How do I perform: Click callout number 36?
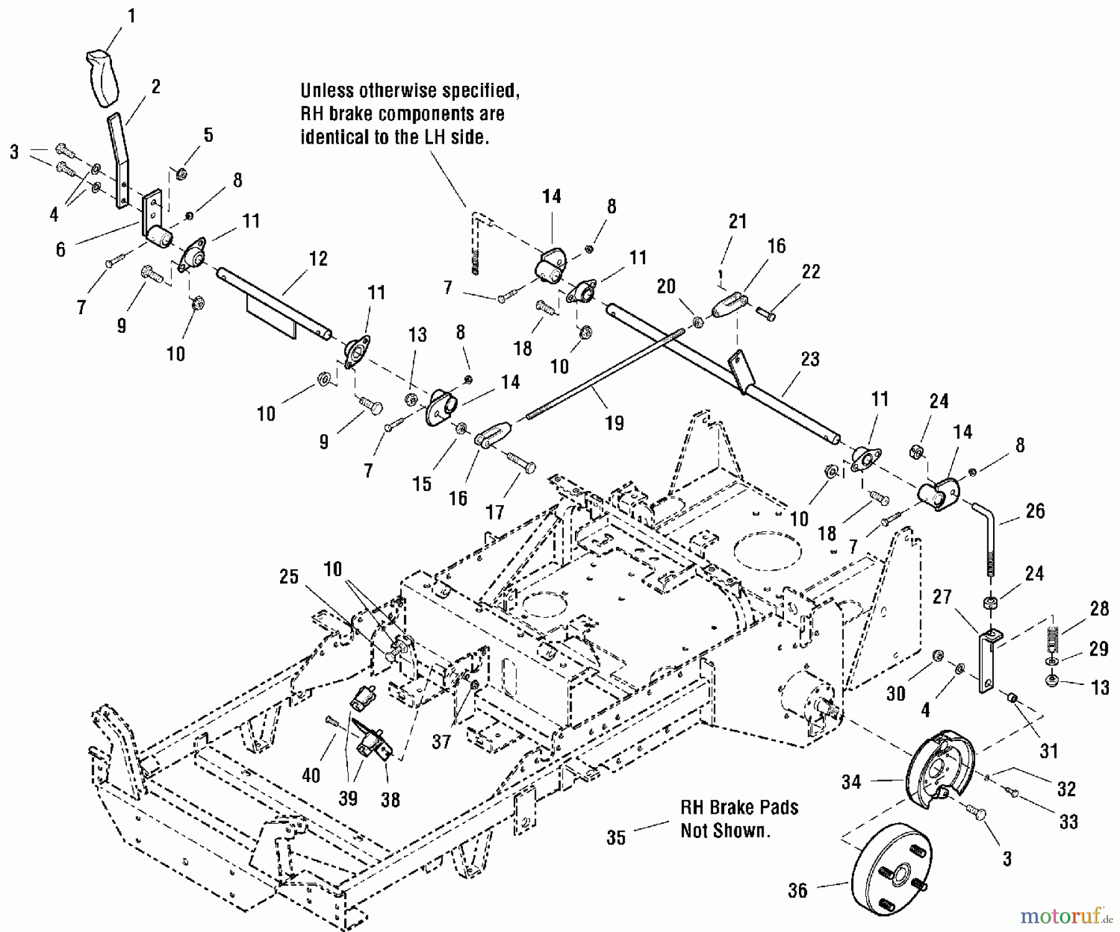[x=797, y=890]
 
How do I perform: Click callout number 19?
[x=614, y=423]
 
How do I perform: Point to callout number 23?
[x=810, y=359]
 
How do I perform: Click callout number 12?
[x=318, y=258]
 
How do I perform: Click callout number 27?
[x=942, y=597]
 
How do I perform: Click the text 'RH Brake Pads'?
[x=739, y=808]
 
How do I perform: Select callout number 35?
[x=615, y=837]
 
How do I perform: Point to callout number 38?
[x=390, y=799]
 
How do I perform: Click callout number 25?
[x=289, y=577]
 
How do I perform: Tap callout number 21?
[x=737, y=221]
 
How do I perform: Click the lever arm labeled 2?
[x=120, y=159]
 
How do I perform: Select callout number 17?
[x=495, y=512]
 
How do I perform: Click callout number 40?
[x=311, y=775]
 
